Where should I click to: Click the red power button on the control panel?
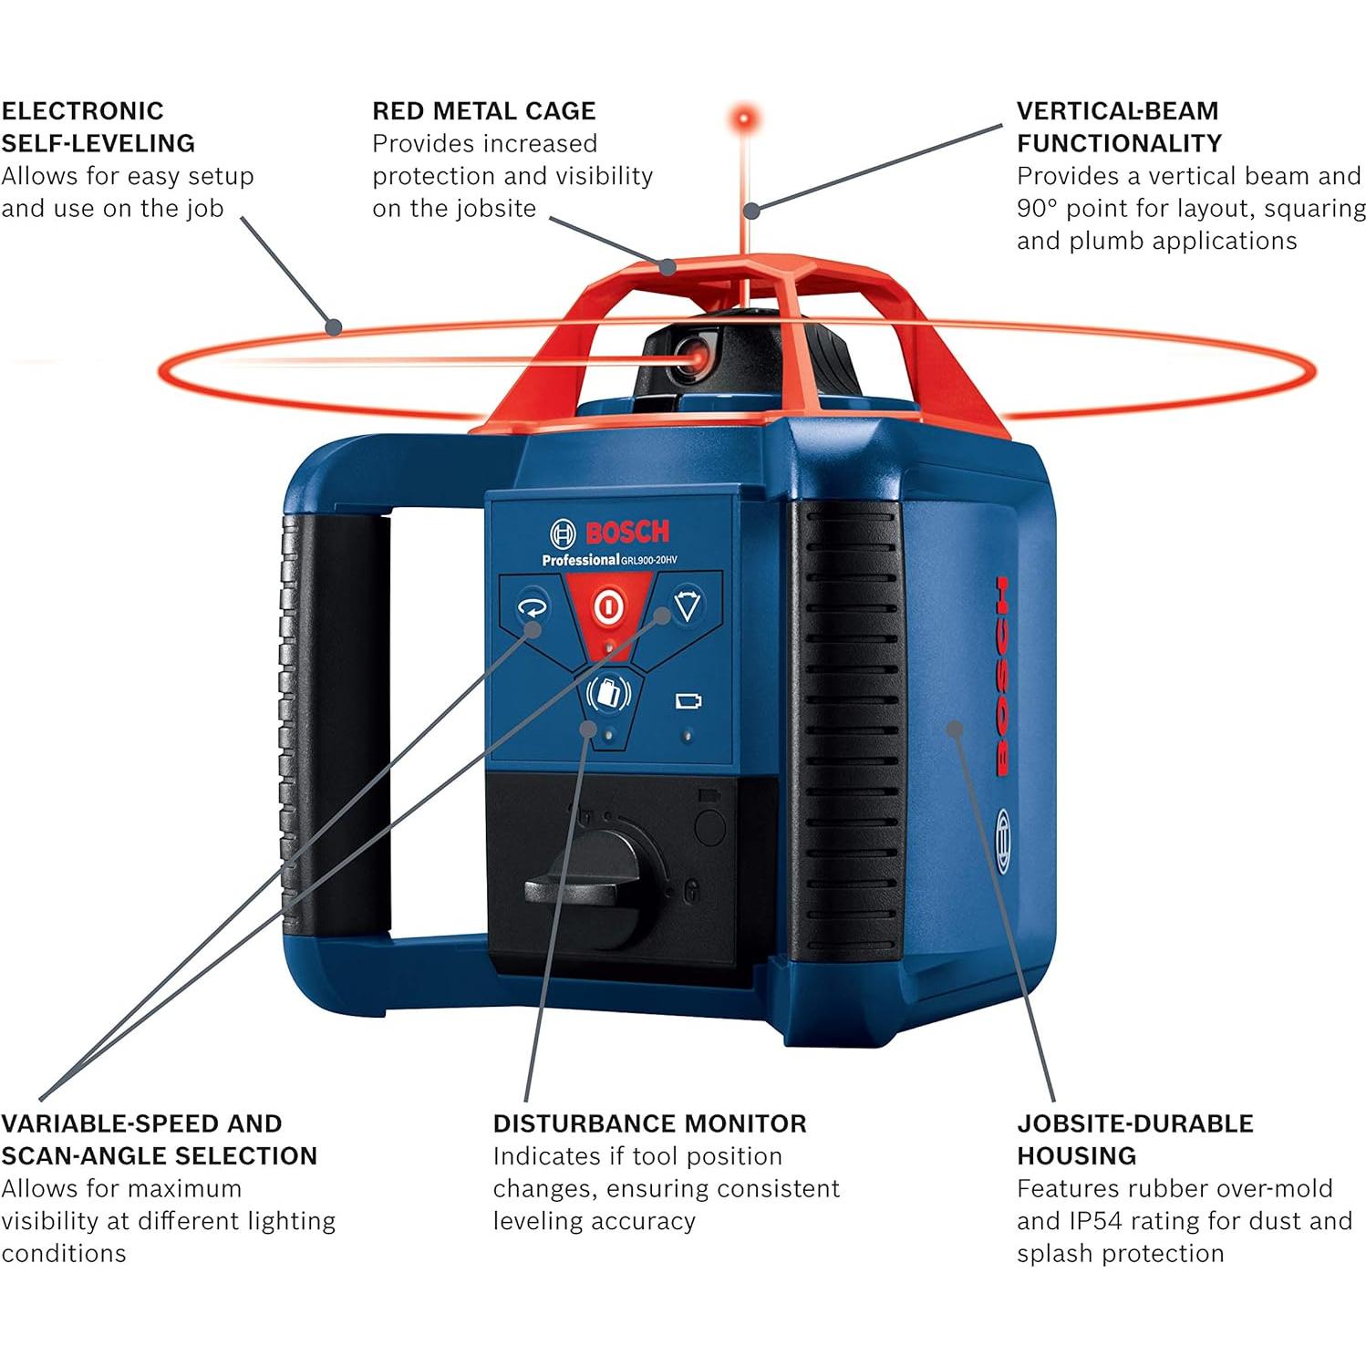click(x=607, y=606)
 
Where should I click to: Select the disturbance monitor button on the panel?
click(x=608, y=694)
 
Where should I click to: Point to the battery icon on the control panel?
click(x=688, y=701)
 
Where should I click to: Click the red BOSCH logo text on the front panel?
click(x=627, y=532)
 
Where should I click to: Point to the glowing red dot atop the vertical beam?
click(x=744, y=119)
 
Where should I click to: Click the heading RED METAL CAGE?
click(x=483, y=111)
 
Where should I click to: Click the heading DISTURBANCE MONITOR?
click(x=649, y=1123)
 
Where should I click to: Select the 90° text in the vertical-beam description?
click(x=1037, y=209)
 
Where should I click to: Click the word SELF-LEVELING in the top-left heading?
click(x=98, y=143)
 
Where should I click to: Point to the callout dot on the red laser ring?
click(x=335, y=326)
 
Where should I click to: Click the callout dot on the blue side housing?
click(x=954, y=728)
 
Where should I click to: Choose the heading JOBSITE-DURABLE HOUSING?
click(x=1134, y=1139)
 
